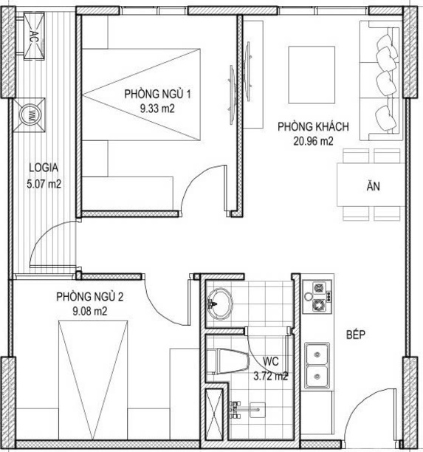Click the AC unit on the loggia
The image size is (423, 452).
click(x=34, y=35)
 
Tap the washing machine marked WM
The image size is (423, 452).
click(x=29, y=114)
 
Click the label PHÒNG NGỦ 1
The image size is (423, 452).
click(x=157, y=94)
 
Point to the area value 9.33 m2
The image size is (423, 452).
click(x=157, y=109)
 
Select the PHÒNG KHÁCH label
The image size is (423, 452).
click(x=313, y=126)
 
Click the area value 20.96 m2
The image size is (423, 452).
click(x=313, y=141)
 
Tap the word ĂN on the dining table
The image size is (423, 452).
click(x=373, y=186)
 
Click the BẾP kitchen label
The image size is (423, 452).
click(x=356, y=335)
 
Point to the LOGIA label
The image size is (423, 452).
click(x=44, y=168)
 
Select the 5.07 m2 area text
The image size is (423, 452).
click(x=44, y=184)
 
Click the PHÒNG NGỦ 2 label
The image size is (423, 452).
click(x=89, y=297)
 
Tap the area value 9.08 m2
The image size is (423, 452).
click(x=89, y=312)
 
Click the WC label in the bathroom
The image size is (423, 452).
click(x=271, y=361)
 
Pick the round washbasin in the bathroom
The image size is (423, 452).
click(x=221, y=304)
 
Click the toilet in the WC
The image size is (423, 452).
click(x=227, y=361)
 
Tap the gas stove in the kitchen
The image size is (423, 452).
click(x=317, y=297)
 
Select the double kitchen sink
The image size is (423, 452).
click(x=317, y=366)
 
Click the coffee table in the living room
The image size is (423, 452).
click(x=312, y=75)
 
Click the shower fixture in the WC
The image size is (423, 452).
click(x=247, y=409)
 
